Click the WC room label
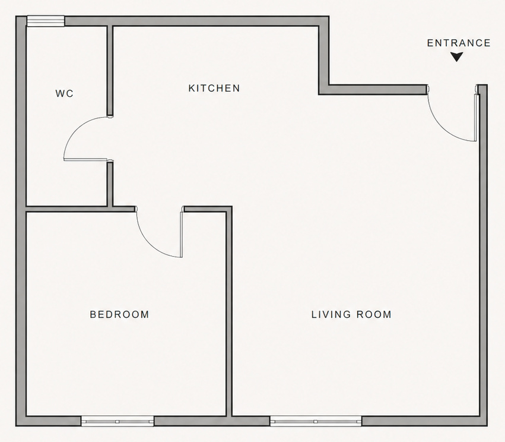tap(65, 94)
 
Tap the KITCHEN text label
tap(214, 89)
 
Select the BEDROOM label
tap(119, 314)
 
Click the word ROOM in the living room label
tap(374, 314)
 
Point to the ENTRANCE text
tap(459, 43)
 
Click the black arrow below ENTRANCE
tap(456, 57)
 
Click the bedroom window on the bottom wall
tap(117, 421)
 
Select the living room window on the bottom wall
tap(316, 421)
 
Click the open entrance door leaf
tap(476, 116)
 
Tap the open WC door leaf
tap(86, 159)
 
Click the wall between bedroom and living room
tap(228, 312)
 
